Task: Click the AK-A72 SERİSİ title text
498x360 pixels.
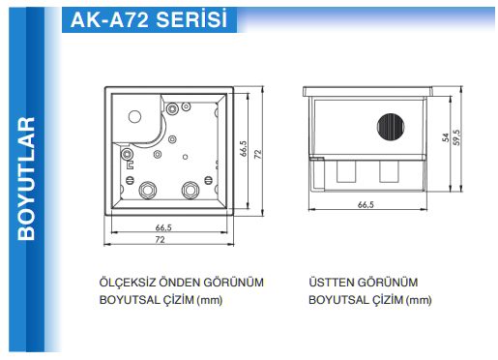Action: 149,20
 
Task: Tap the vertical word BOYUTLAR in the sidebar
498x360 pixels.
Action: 26,178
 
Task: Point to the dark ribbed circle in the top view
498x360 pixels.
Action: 391,127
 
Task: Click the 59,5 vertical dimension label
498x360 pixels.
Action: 456,137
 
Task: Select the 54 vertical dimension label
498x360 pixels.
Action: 446,137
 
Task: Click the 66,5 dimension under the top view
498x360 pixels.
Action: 366,204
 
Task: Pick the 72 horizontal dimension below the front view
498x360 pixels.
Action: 161,240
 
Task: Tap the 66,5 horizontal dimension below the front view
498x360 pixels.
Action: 163,227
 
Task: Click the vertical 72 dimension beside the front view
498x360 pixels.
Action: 258,154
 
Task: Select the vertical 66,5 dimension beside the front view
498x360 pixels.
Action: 244,148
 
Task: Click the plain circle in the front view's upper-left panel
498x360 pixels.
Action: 134,116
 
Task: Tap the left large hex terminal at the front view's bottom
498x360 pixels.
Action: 148,190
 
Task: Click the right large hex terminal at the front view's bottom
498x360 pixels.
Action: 190,190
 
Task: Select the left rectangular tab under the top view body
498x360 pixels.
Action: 346,171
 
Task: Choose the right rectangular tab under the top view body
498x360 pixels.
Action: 389,171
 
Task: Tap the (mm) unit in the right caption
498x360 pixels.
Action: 419,300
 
